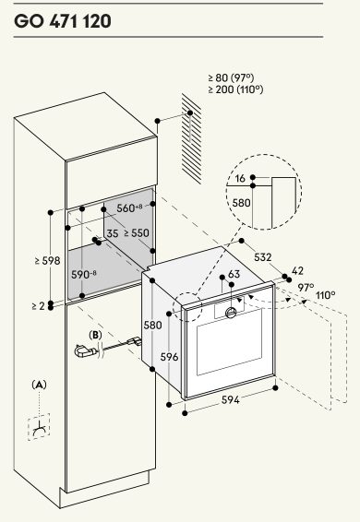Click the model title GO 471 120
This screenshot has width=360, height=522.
pos(63,21)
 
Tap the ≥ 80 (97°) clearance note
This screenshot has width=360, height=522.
pos(231,77)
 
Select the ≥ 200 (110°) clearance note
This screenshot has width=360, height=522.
pos(235,89)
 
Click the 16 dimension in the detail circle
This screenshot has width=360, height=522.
pos(240,179)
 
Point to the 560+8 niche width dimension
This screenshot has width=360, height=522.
pos(129,208)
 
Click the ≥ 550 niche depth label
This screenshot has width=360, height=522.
pos(137,233)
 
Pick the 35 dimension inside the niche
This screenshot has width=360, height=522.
pos(113,233)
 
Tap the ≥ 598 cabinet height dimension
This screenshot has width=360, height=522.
pos(48,261)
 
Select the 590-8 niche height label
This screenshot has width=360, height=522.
pos(84,275)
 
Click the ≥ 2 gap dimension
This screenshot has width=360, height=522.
pos(38,306)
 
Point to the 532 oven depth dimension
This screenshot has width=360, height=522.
pos(263,257)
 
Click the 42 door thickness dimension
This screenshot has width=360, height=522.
pos(297,271)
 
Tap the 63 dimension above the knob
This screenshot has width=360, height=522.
pos(234,274)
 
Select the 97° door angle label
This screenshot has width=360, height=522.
pos(306,287)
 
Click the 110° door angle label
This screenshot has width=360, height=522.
pos(326,295)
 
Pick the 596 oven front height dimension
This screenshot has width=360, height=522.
pos(169,357)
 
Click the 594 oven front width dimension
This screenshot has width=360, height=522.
pos(231,400)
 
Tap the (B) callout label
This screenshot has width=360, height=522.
pos(96,335)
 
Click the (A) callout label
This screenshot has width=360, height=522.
pos(40,385)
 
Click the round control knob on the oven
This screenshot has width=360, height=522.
pos(231,313)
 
